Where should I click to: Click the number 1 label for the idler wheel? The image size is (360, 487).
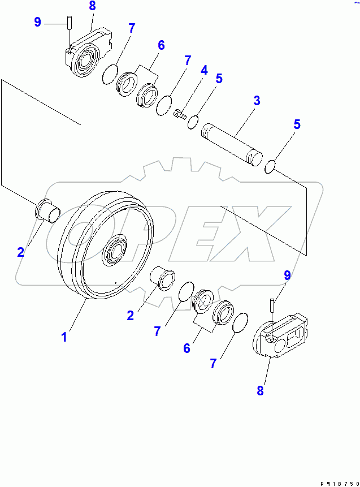point(64,337)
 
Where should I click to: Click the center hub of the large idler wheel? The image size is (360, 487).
point(117,251)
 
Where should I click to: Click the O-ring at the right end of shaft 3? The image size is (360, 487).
point(270,166)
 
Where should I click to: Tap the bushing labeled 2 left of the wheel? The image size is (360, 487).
point(47,211)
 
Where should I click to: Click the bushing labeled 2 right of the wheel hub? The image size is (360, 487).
point(164,278)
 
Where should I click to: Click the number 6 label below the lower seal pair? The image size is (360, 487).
point(186,348)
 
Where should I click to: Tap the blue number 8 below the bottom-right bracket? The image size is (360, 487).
point(260,390)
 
